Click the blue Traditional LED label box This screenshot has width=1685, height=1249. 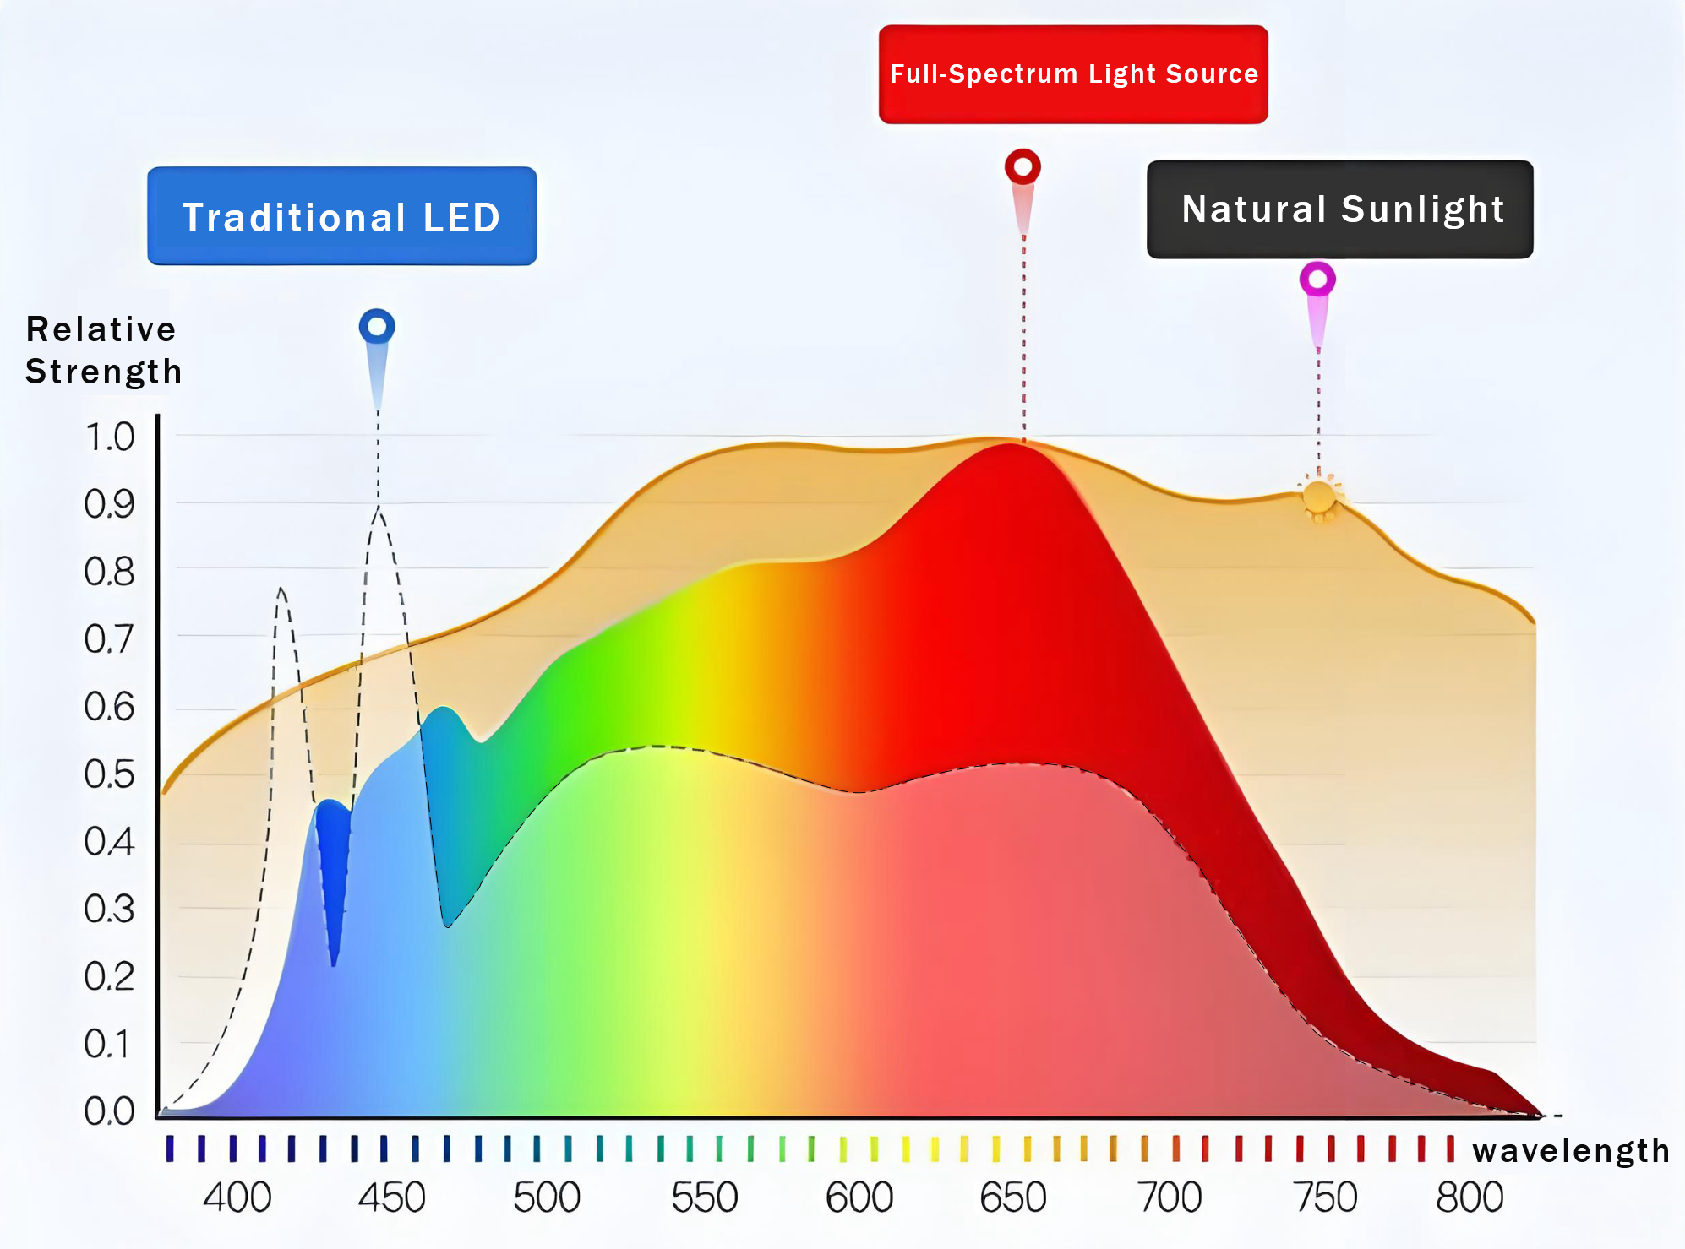[341, 216]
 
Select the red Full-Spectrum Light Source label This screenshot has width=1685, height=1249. [1073, 74]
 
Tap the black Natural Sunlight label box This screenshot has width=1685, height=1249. [1339, 209]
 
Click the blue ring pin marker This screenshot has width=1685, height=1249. [377, 327]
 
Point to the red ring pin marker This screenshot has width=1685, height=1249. [1022, 167]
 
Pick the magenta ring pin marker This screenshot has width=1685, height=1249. [1317, 280]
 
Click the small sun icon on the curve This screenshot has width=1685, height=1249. [1319, 497]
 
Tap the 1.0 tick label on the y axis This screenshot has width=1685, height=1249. [110, 437]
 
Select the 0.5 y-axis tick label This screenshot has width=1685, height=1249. [110, 774]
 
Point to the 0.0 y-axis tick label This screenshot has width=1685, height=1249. [110, 1111]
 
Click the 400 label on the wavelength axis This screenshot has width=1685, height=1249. [237, 1197]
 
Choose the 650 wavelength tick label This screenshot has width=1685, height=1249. [1013, 1197]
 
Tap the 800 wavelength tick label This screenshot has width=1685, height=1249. [1470, 1197]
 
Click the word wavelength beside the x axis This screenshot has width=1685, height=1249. [1571, 1151]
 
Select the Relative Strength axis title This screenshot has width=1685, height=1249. [102, 350]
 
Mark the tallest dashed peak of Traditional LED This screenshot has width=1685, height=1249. [379, 509]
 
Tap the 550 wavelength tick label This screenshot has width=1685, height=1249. [705, 1197]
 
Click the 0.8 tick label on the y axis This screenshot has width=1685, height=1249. [110, 573]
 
